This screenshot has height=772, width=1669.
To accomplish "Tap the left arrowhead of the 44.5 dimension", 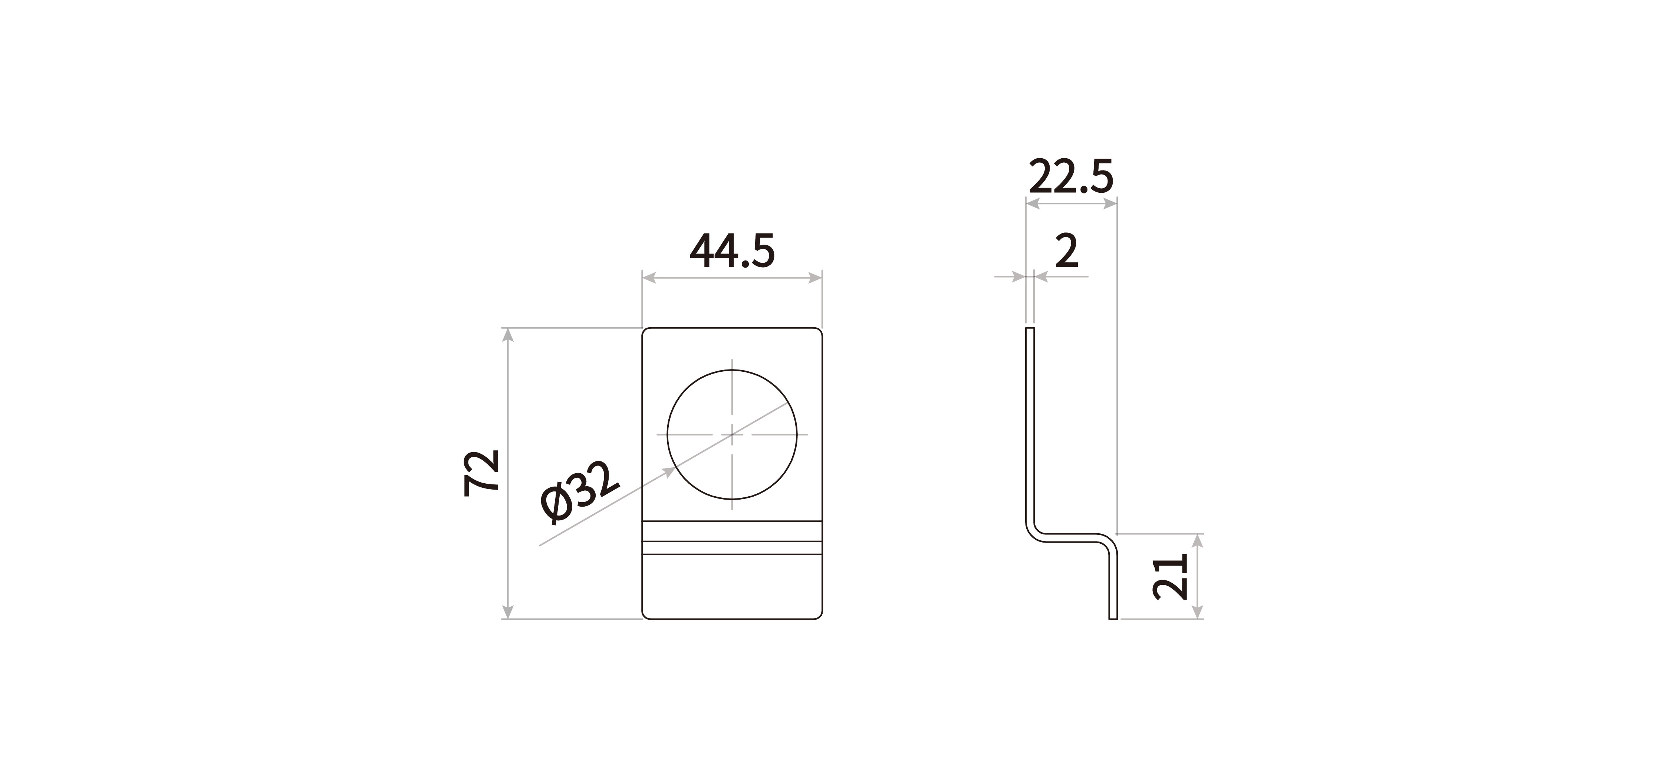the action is pyautogui.click(x=649, y=278).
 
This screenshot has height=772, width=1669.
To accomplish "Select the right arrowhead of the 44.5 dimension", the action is pyautogui.click(x=815, y=278).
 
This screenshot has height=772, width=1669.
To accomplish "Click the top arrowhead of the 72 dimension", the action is pyautogui.click(x=508, y=335).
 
